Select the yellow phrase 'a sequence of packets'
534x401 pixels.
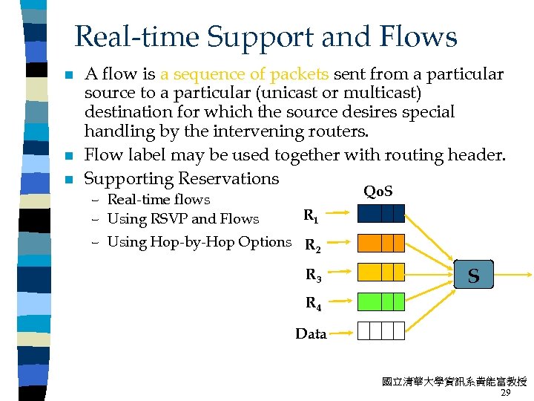pos(245,74)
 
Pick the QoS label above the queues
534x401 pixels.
pos(379,192)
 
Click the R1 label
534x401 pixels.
pos(311,217)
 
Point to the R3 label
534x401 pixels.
pos(314,276)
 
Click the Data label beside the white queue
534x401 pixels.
pos(311,334)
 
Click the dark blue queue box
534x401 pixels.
pos(381,214)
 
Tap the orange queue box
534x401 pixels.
pos(381,243)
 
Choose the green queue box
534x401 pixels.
pos(381,301)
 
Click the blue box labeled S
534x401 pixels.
pos(472,276)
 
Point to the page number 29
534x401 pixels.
pos(507,392)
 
